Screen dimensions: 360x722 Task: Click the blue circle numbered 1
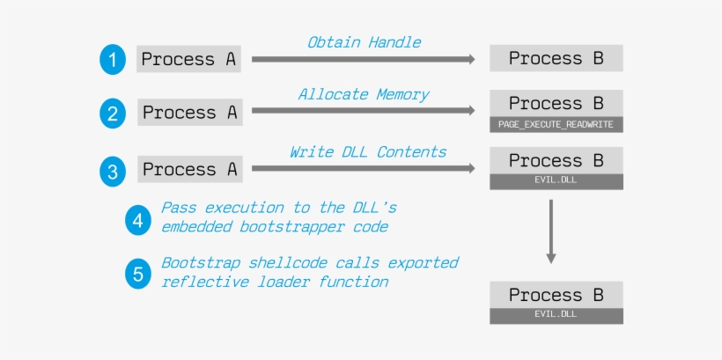pyautogui.click(x=112, y=60)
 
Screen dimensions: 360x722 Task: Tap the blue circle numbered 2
pyautogui.click(x=112, y=114)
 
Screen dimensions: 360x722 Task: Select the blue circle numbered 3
pyautogui.click(x=112, y=171)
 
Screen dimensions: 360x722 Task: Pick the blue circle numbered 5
pyautogui.click(x=137, y=274)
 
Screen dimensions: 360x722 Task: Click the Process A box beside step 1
pyautogui.click(x=189, y=59)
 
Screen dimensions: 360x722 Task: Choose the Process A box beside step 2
pyautogui.click(x=191, y=113)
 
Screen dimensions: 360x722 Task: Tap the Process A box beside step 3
pyautogui.click(x=191, y=169)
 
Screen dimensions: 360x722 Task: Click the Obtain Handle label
pyautogui.click(x=364, y=41)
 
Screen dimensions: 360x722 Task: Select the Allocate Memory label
pyautogui.click(x=364, y=94)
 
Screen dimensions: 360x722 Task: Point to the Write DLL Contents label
pyautogui.click(x=368, y=151)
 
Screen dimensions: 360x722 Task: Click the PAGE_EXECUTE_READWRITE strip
pyautogui.click(x=556, y=124)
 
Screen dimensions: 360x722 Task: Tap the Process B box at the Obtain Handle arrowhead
pyautogui.click(x=556, y=58)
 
